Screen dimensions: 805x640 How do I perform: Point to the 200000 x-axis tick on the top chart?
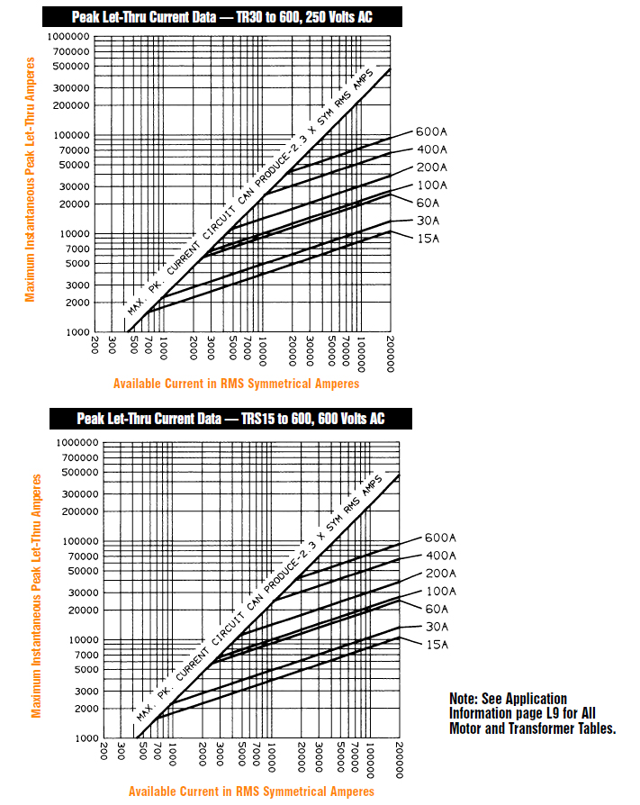(391, 348)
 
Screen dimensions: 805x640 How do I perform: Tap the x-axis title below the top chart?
(236, 384)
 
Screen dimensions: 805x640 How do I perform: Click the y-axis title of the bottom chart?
(37, 595)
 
